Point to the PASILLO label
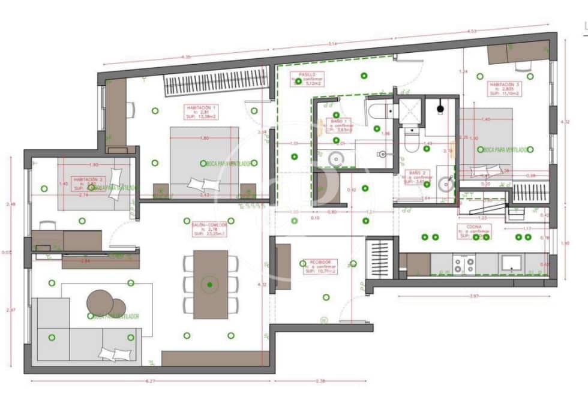(308, 79)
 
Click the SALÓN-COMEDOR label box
(209, 228)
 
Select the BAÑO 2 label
(418, 175)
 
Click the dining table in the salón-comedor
(211, 284)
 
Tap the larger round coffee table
(100, 302)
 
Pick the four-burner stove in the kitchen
(464, 264)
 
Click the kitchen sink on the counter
(512, 263)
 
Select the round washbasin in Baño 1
(335, 159)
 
